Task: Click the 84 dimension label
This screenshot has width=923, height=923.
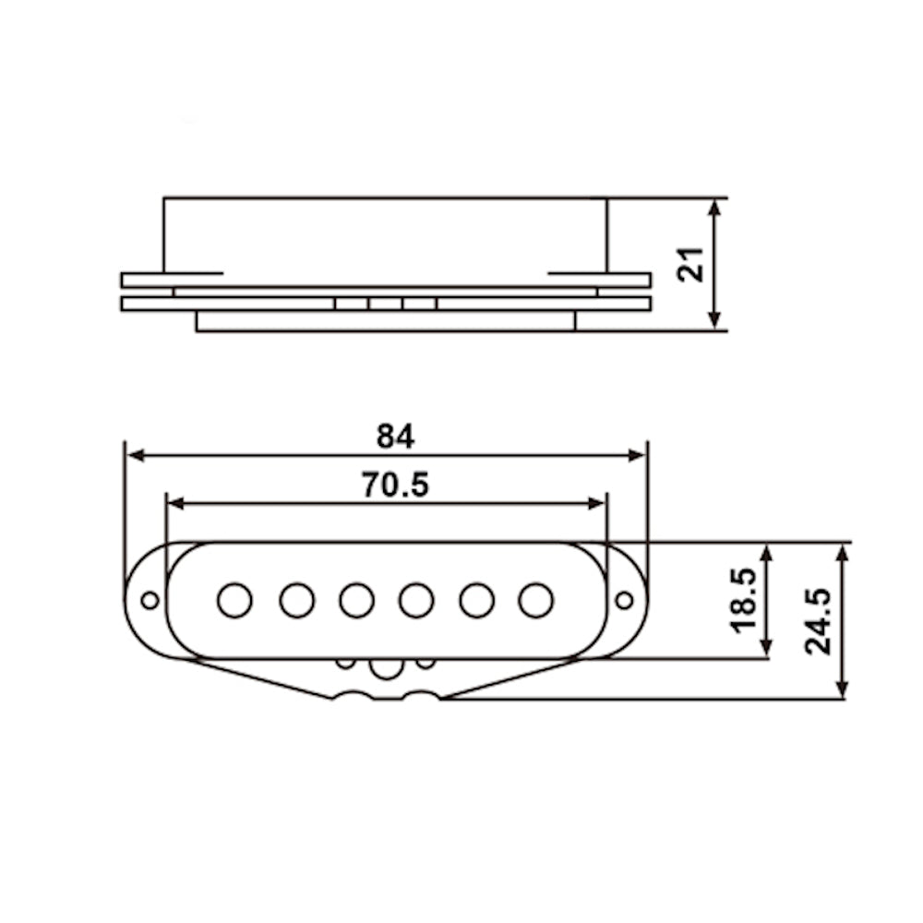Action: coord(395,437)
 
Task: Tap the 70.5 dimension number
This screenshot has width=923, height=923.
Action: coord(395,485)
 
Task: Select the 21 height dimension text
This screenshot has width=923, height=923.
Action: coord(690,265)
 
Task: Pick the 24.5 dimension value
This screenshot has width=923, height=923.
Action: coord(818,621)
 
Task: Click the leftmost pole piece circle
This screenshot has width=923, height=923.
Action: coord(234,601)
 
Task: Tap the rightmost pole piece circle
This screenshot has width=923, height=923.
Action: coord(536,601)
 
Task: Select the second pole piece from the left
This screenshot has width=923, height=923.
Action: coord(296,601)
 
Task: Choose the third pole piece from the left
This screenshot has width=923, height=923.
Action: coord(356,601)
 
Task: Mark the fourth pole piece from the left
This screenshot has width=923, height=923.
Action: coord(417,601)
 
